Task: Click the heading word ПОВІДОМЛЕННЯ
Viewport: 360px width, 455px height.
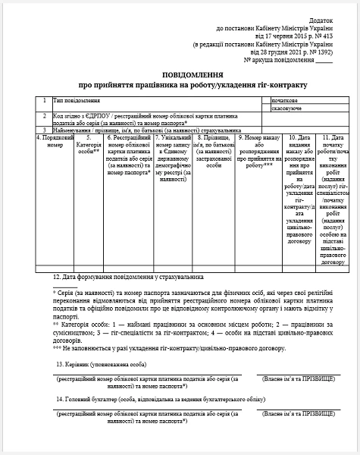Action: (x=179, y=76)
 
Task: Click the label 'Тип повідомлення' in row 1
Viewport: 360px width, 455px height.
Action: (x=77, y=100)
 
